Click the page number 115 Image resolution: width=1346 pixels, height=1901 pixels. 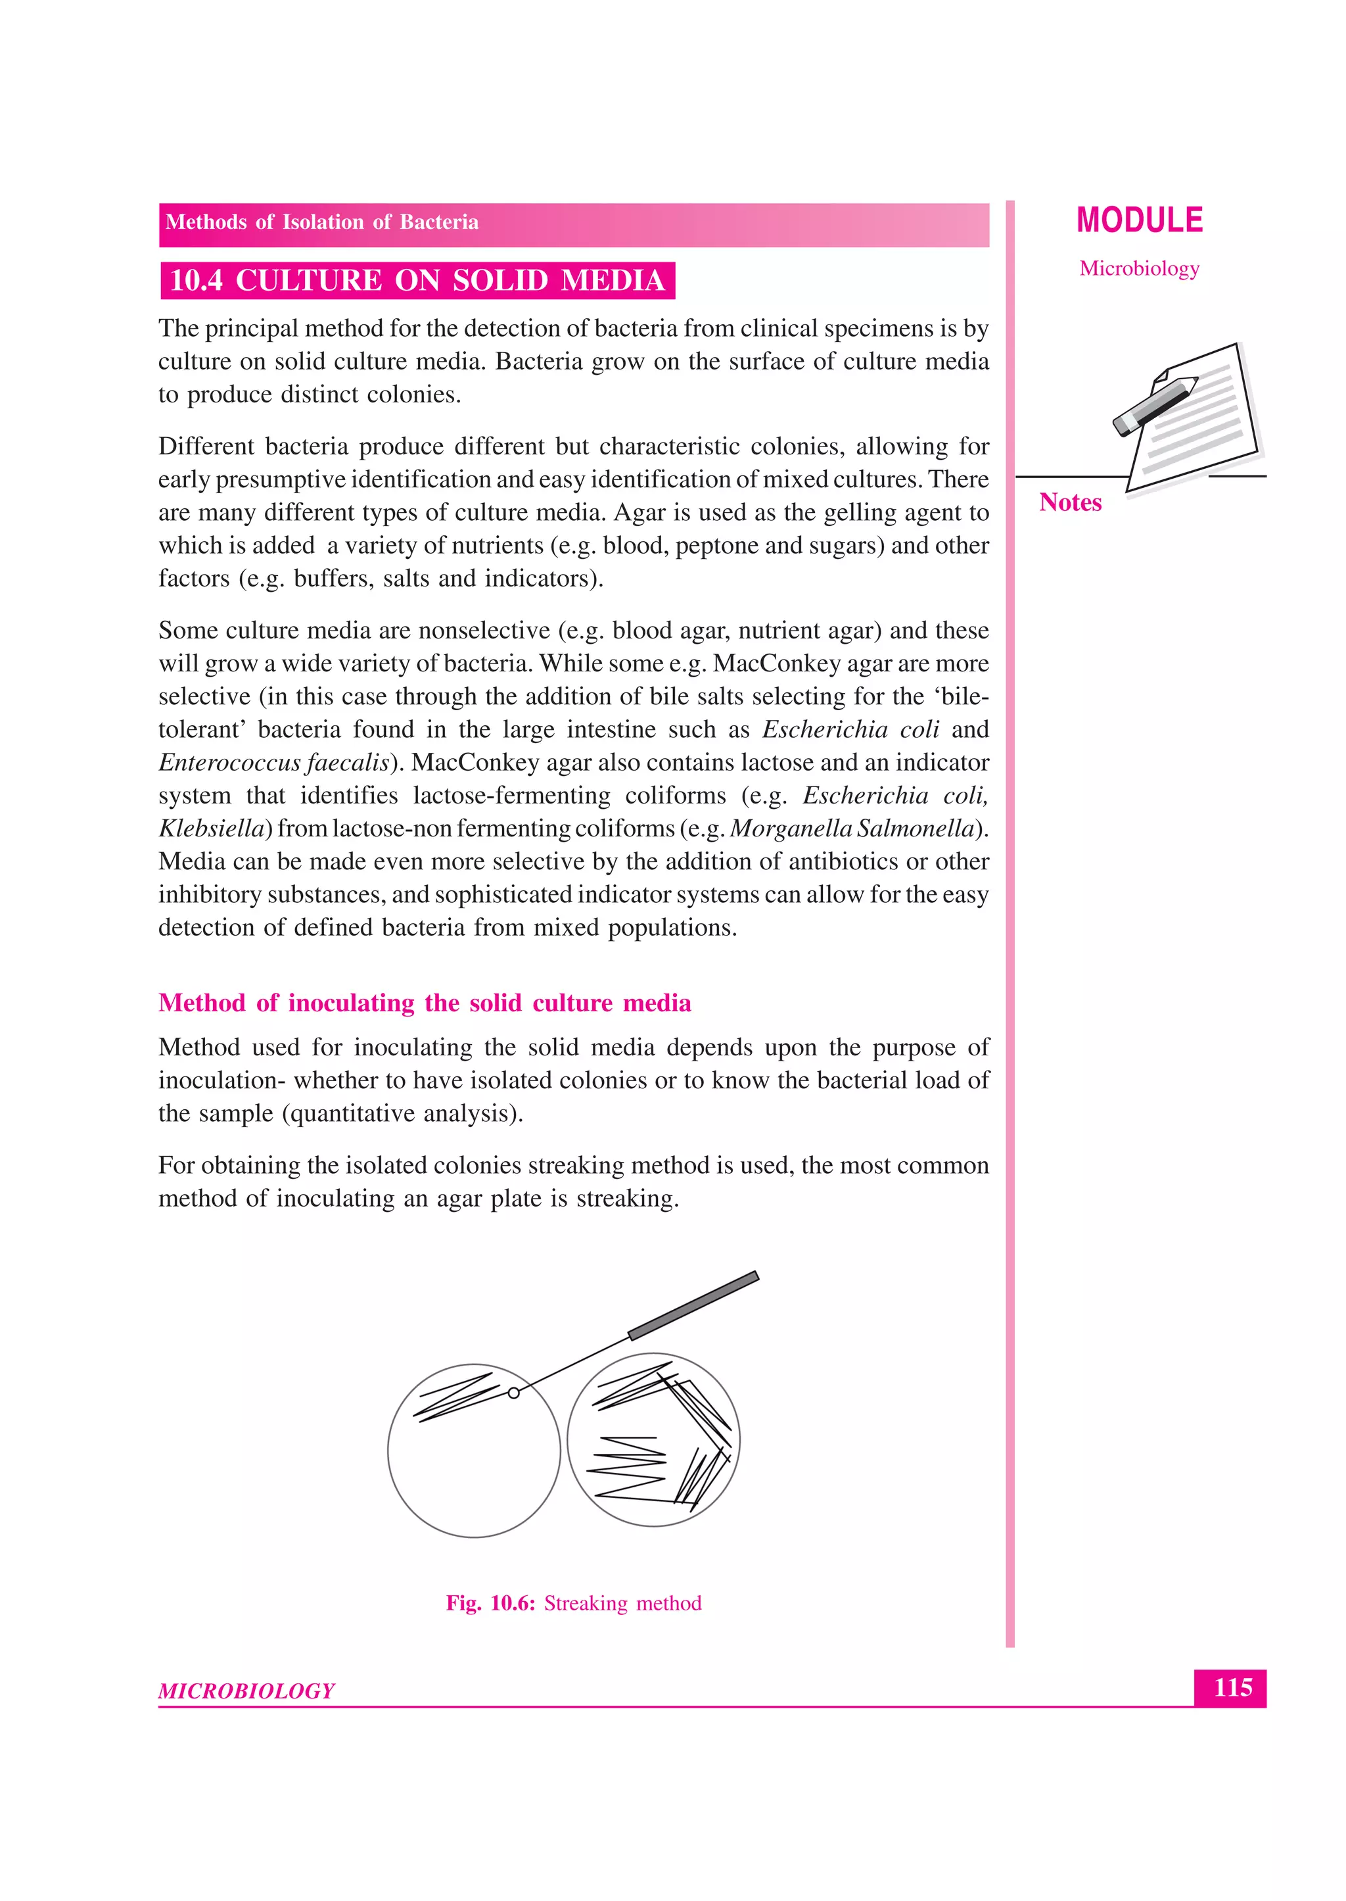(1232, 1687)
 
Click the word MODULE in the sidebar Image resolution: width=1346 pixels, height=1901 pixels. (1140, 220)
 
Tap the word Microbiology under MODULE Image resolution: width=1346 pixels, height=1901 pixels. (1139, 268)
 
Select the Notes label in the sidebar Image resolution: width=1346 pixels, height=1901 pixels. (1070, 502)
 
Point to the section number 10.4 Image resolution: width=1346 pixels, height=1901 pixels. (196, 280)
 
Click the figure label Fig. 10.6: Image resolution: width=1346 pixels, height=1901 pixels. (490, 1602)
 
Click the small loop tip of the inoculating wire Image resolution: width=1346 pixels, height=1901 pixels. (514, 1393)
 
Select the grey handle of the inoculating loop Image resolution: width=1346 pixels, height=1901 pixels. (693, 1305)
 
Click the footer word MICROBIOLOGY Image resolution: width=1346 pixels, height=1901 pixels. (246, 1691)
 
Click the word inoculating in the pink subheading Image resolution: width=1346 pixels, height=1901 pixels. (350, 1003)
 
